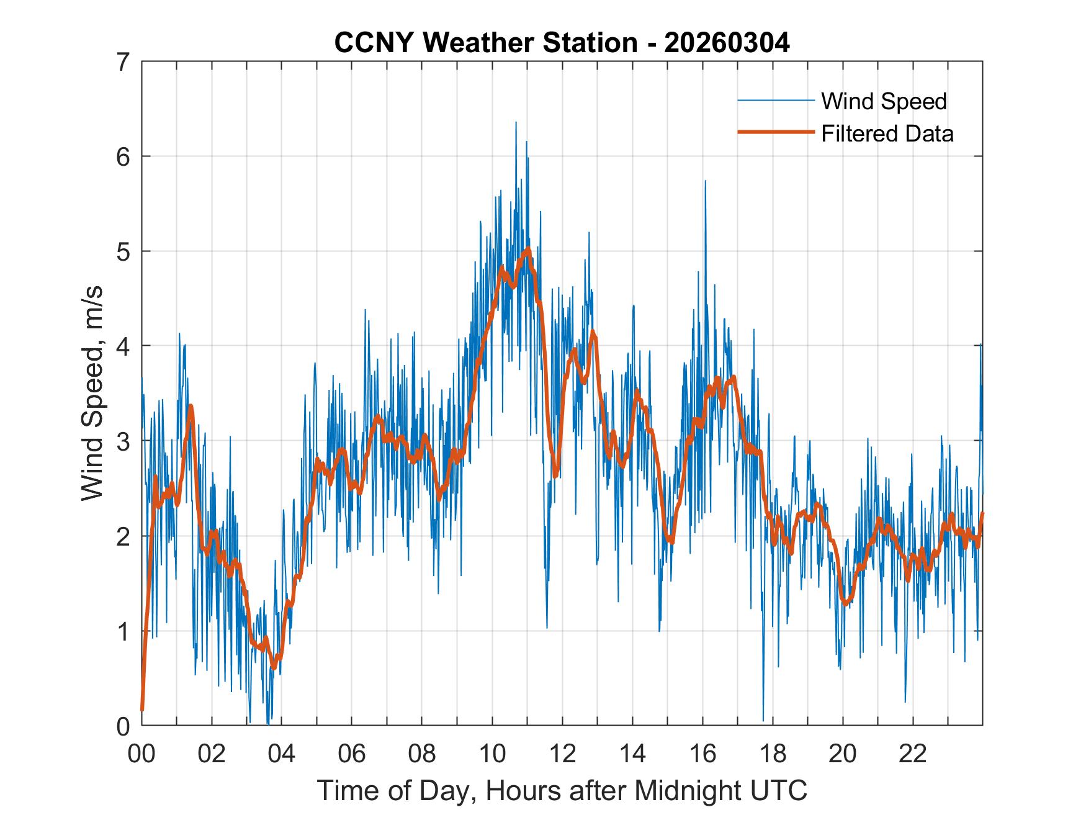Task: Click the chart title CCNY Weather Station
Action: [x=485, y=43]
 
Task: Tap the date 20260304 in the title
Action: [x=727, y=43]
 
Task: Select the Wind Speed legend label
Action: [x=884, y=101]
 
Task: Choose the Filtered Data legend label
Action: [x=887, y=133]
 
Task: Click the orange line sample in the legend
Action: [x=776, y=132]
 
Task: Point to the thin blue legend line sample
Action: [x=776, y=101]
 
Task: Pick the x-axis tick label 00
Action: [x=141, y=754]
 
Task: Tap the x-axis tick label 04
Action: [x=282, y=754]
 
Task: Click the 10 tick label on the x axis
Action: [x=492, y=754]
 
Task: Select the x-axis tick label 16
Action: [x=702, y=754]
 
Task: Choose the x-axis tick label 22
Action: [x=913, y=754]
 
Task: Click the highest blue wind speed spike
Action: [x=516, y=122]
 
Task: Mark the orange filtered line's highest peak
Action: [x=528, y=249]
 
